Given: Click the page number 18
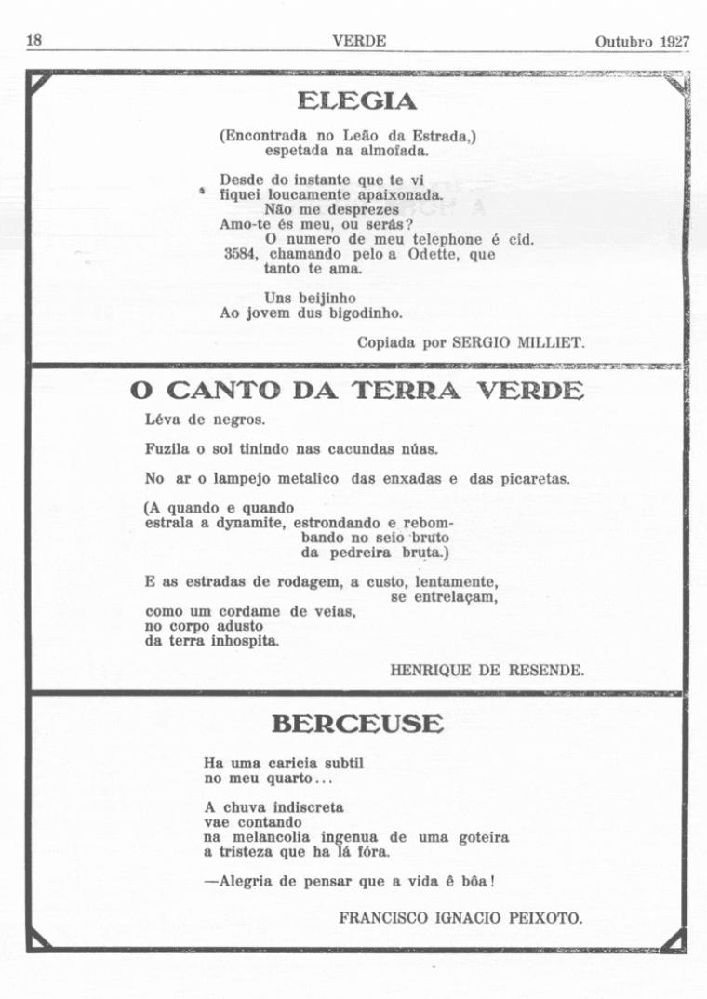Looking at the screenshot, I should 33,41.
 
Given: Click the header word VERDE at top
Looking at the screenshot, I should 358,41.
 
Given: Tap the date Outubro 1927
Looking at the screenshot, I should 642,42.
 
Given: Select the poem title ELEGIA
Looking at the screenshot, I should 356,100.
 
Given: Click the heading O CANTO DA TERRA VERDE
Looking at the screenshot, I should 358,392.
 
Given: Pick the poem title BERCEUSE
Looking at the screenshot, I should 357,724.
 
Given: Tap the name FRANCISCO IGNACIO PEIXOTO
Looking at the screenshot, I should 461,917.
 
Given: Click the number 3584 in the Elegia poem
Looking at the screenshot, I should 242,254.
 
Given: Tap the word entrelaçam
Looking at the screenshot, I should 444,596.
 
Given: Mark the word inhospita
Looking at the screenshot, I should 236,641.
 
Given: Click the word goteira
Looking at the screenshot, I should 484,837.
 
